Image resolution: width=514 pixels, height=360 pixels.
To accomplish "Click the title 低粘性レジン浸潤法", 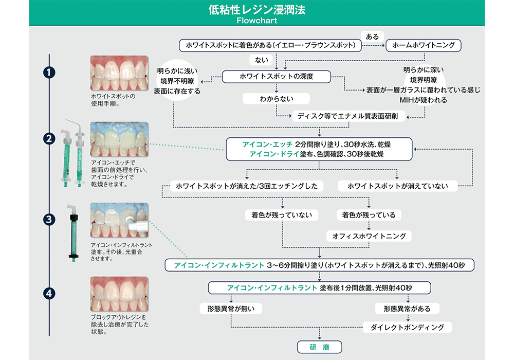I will [x=257, y=10].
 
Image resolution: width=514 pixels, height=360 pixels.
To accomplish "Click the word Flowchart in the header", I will [x=257, y=22].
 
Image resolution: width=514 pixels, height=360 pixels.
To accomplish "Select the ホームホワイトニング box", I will [x=423, y=45].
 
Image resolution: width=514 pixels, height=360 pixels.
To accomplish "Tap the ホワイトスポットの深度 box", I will [x=276, y=77].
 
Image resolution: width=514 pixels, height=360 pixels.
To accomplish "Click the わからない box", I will [x=276, y=98].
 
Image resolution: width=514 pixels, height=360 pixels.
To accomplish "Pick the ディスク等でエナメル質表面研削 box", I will [x=351, y=117].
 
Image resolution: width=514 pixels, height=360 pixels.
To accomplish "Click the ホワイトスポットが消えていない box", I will [x=397, y=186].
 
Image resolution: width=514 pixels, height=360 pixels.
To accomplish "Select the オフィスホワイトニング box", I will [x=369, y=236].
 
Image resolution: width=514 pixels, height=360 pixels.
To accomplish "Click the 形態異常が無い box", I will [x=231, y=309].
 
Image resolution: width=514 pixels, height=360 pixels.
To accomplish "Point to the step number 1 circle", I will [x=49, y=73].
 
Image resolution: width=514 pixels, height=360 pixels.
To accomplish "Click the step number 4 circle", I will [x=49, y=294].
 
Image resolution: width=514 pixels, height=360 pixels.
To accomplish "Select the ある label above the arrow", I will [x=372, y=37].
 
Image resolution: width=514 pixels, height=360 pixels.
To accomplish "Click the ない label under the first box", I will [x=262, y=60].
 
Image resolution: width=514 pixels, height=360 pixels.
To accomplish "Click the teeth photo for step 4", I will [x=119, y=294].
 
